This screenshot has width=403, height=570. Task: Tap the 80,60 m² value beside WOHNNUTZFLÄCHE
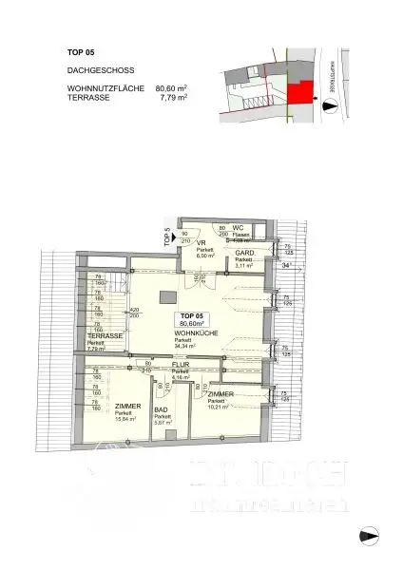tap(172, 88)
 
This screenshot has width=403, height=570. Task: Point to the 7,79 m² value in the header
tap(174, 97)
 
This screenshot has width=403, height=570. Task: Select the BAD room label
tap(161, 410)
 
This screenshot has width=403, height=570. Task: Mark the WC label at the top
tap(240, 228)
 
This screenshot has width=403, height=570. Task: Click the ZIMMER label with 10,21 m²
tap(221, 393)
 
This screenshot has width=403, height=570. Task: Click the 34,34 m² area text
tap(191, 348)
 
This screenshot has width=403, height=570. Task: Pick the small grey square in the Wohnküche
tap(163, 295)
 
